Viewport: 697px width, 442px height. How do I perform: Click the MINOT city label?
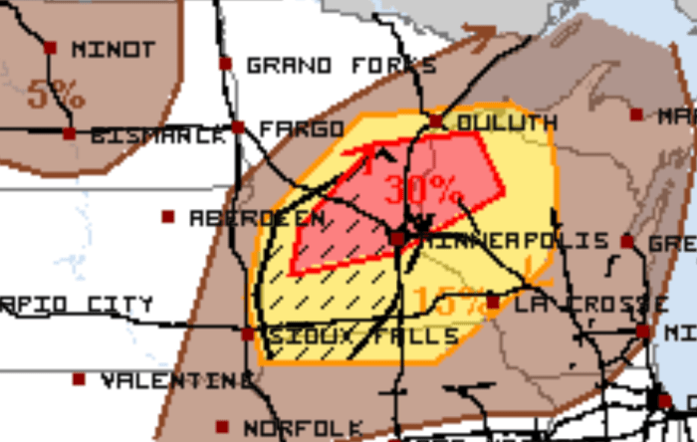[x=113, y=49]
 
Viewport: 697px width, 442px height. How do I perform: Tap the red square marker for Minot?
[x=51, y=47]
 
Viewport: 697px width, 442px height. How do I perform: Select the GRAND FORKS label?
[x=341, y=66]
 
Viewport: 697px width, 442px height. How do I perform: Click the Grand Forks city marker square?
[x=226, y=64]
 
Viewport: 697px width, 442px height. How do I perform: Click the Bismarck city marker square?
[x=69, y=133]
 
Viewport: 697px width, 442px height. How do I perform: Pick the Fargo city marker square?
[x=238, y=127]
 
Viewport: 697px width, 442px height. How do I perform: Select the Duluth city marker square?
[x=435, y=121]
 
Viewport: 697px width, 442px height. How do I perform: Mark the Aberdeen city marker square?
[x=168, y=216]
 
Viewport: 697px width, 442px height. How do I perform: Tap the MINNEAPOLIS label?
[x=515, y=241]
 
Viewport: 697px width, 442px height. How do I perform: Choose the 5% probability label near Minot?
[x=56, y=96]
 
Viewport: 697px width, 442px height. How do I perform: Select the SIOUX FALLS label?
[x=361, y=335]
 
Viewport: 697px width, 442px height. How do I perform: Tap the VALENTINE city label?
[x=176, y=379]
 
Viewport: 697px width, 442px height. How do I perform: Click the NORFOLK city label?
[x=303, y=428]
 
